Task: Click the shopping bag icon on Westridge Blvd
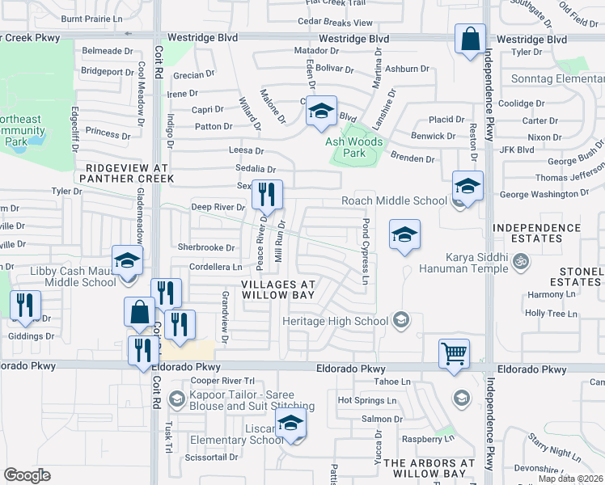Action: click(x=470, y=40)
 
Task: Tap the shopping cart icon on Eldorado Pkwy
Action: click(x=454, y=353)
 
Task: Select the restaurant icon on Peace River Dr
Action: click(x=267, y=195)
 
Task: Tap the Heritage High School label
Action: click(x=335, y=321)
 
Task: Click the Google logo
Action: click(x=27, y=474)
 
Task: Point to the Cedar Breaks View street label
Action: click(x=335, y=23)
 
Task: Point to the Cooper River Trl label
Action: click(x=222, y=380)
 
